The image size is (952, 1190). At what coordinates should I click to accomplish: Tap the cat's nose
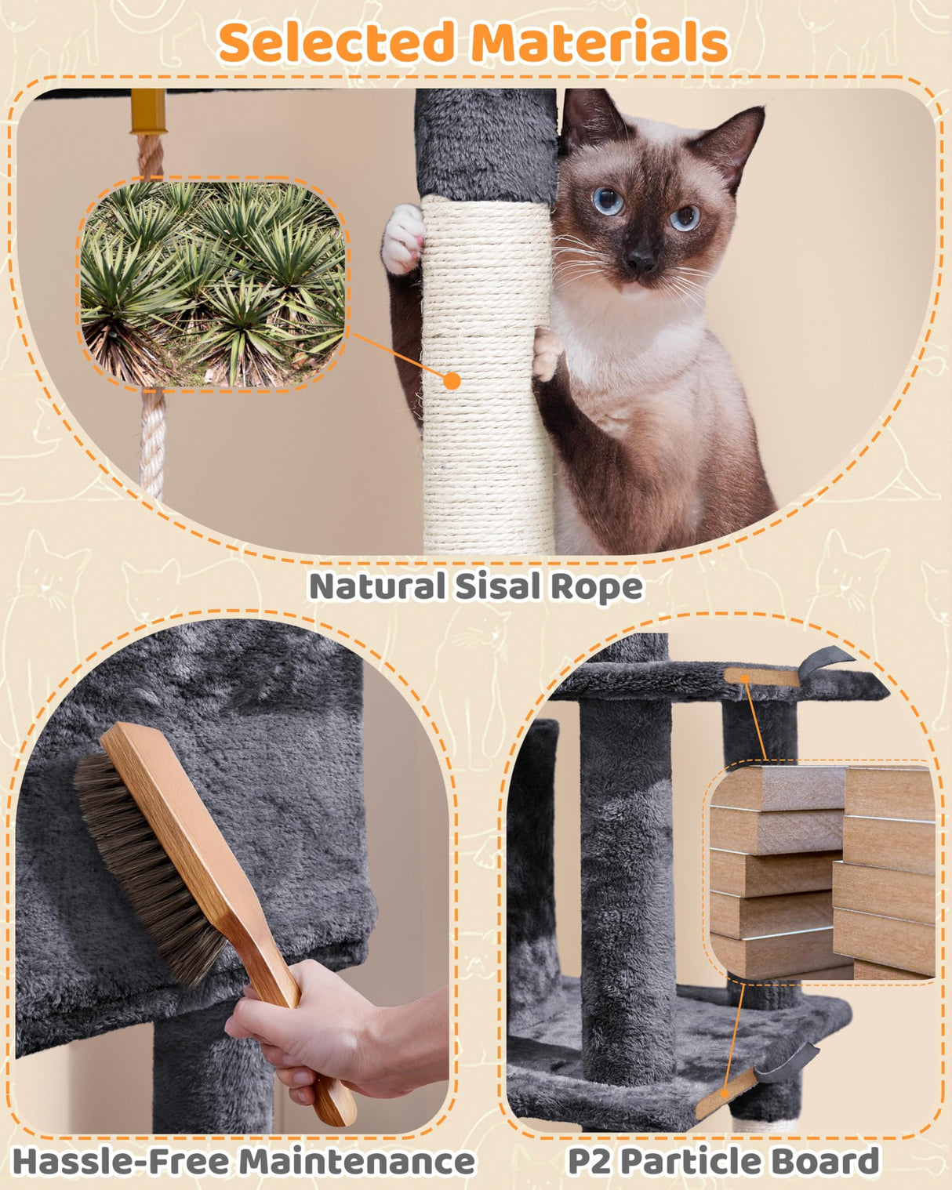coord(641,259)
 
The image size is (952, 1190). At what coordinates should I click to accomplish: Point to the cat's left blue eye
coord(608,201)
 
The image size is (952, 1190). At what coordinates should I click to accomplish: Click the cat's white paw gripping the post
coord(403,238)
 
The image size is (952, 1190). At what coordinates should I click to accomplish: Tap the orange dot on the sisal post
coord(452,381)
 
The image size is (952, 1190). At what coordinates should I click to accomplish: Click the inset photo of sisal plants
coord(213,284)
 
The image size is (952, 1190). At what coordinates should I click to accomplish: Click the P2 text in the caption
coord(587,1161)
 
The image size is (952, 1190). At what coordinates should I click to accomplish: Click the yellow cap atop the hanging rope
coord(149,111)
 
